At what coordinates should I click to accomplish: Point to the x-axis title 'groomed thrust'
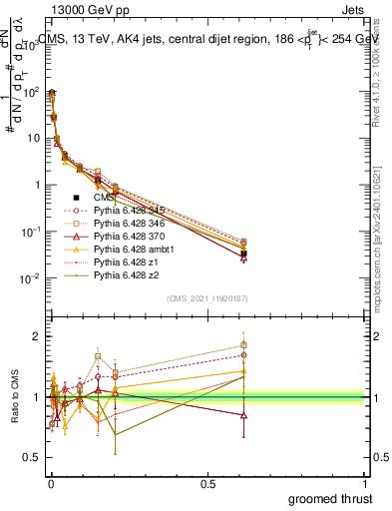(x=331, y=497)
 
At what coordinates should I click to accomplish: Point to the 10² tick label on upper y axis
(x=31, y=91)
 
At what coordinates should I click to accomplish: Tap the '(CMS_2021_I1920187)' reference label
(x=206, y=297)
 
